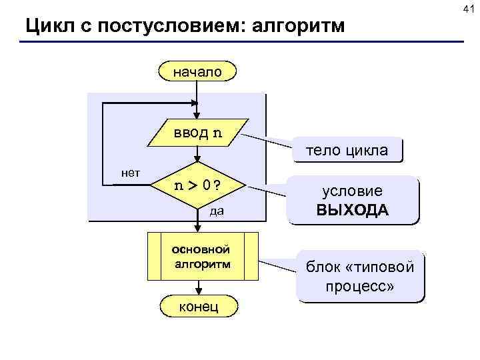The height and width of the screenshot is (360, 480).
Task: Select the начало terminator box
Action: [197, 70]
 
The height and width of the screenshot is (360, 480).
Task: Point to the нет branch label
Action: [130, 173]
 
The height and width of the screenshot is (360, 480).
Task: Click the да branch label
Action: [216, 212]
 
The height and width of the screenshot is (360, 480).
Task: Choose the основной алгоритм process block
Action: [202, 256]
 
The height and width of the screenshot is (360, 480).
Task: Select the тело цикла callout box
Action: [347, 150]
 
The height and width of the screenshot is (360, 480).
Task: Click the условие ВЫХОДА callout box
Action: [353, 200]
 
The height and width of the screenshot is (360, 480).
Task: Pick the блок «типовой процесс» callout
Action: [360, 277]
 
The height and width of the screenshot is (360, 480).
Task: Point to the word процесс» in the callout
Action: [360, 287]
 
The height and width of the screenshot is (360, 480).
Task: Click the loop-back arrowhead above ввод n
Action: [195, 103]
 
